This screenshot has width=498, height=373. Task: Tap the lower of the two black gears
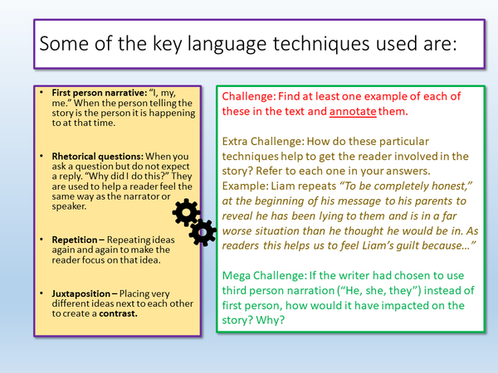coord(203,233)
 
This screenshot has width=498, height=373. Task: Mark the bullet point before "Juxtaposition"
coord(43,293)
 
